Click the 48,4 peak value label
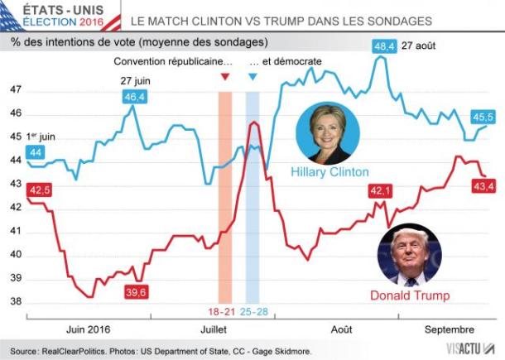(x=385, y=47)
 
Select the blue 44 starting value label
(x=36, y=151)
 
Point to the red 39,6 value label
(x=136, y=291)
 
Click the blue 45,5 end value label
(x=482, y=117)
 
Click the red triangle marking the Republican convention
(x=224, y=77)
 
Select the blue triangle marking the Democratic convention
(x=252, y=77)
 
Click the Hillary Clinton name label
(x=329, y=172)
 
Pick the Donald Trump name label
(x=409, y=295)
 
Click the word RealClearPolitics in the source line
(x=80, y=351)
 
